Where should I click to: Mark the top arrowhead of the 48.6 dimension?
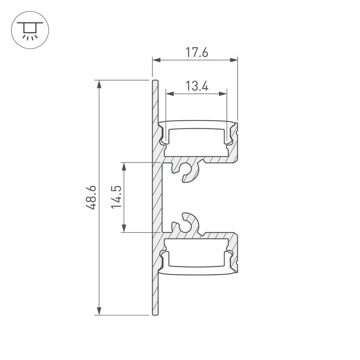[100, 84]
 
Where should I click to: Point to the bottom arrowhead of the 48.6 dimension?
[100, 311]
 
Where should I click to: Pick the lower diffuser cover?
[196, 271]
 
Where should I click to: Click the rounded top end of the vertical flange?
[155, 81]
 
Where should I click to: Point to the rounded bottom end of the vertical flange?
[155, 314]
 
